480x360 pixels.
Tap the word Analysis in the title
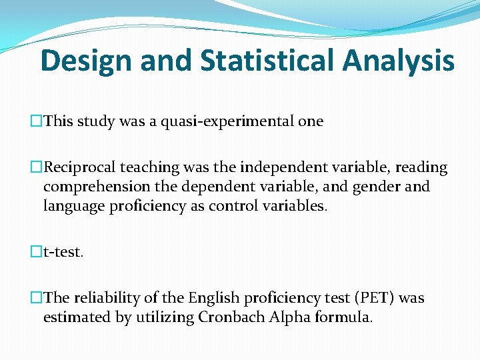coord(399,61)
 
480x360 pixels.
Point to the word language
coord(73,206)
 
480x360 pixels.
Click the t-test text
coord(64,252)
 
